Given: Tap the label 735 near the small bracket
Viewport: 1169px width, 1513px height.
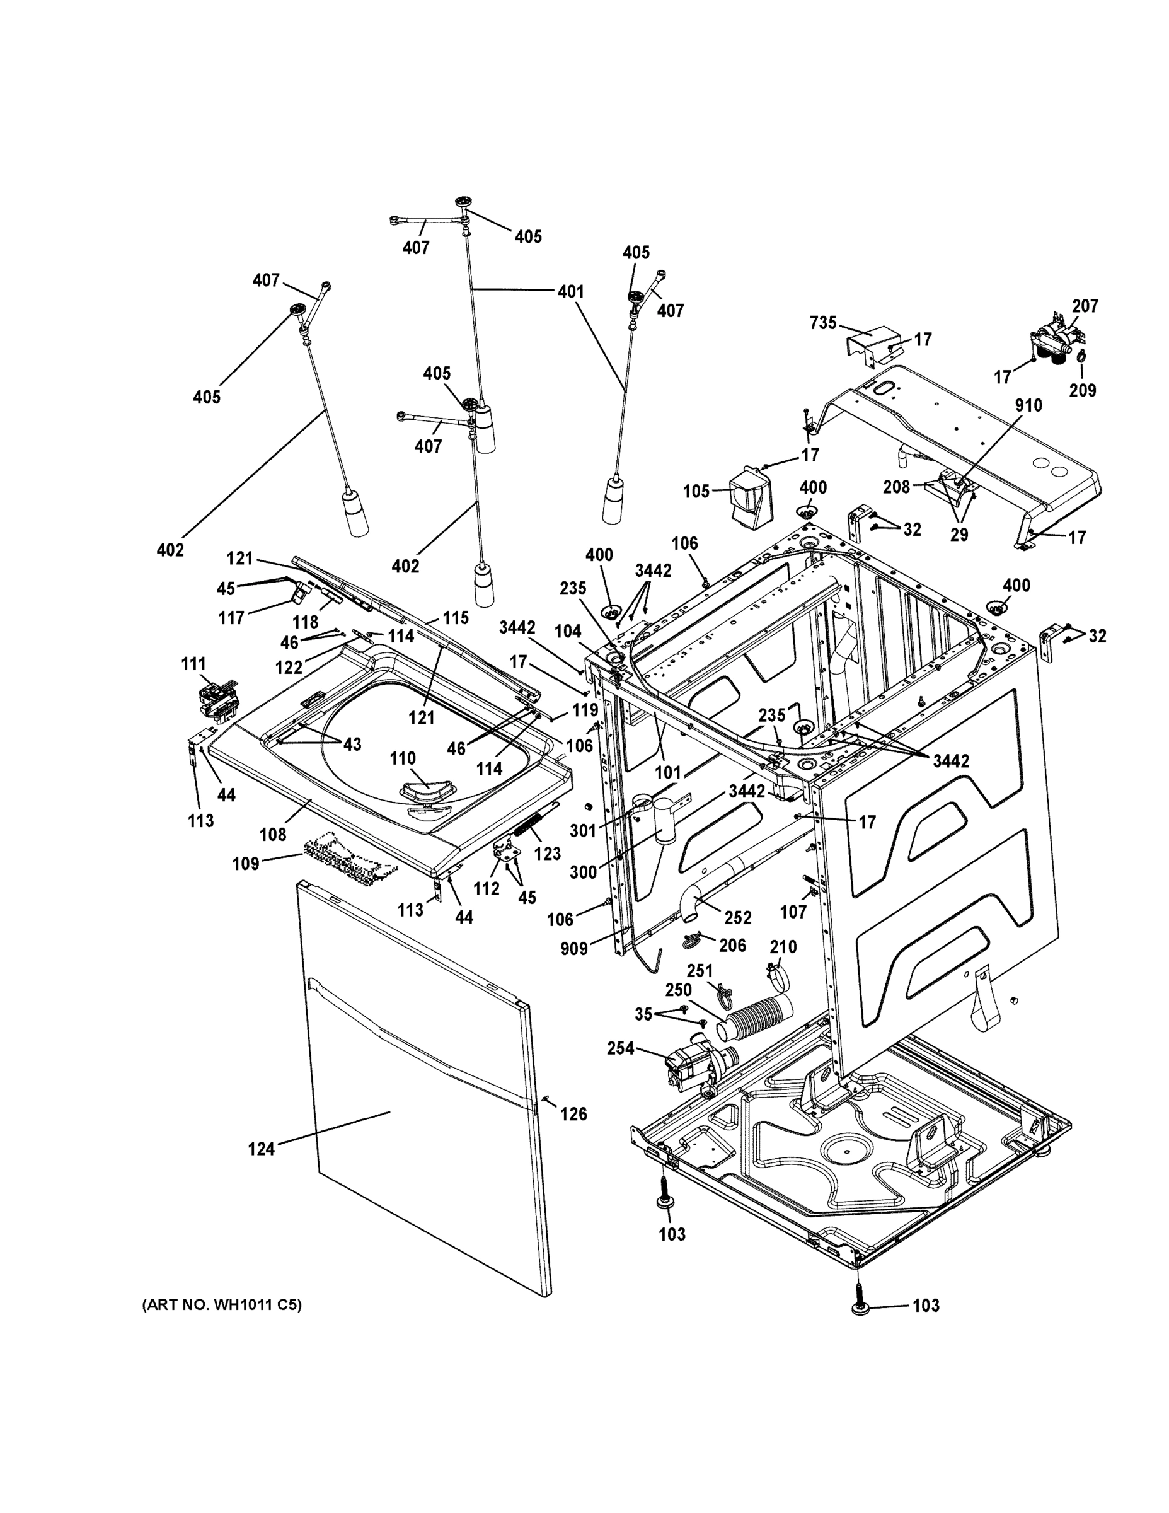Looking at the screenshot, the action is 824,323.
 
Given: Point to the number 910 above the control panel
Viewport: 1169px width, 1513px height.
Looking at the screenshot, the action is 1028,405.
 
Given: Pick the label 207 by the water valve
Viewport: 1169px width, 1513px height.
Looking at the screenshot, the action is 1085,306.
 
